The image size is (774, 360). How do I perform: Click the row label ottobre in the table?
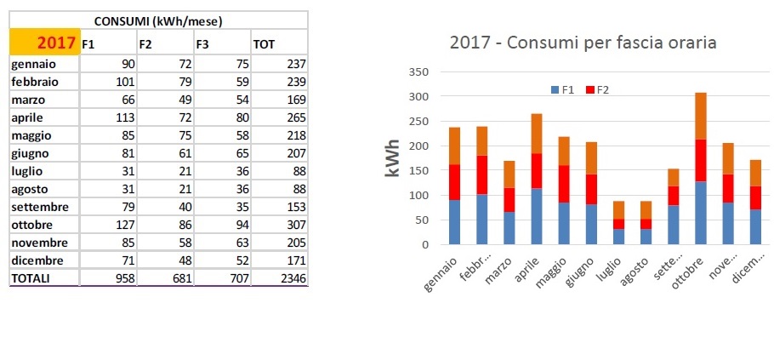[33, 226]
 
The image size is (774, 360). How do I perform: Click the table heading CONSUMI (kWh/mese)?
[158, 20]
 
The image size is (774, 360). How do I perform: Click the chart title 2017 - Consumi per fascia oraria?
[583, 42]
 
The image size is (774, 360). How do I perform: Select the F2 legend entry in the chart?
[597, 89]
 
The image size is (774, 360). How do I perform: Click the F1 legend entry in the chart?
[562, 89]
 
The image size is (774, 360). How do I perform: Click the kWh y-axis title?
[392, 158]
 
